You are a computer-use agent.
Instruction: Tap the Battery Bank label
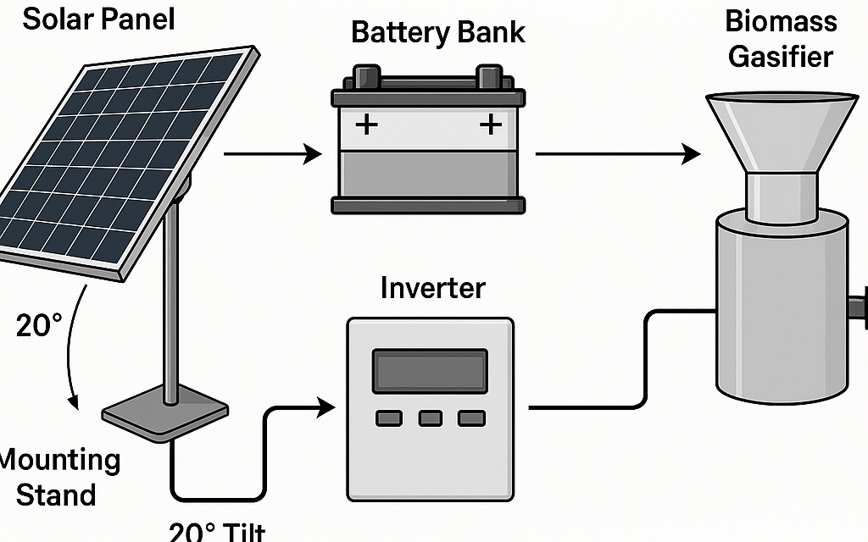point(438,33)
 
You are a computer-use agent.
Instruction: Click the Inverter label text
point(432,288)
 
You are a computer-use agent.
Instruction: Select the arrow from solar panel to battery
point(272,154)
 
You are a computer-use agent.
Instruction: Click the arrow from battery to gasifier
point(618,154)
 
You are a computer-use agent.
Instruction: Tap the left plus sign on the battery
point(366,126)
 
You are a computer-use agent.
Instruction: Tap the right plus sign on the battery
point(491,126)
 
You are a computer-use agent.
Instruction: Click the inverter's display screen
point(430,369)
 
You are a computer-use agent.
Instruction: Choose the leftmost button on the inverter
point(389,418)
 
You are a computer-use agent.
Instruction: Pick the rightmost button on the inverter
point(470,418)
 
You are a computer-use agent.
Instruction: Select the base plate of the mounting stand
point(165,413)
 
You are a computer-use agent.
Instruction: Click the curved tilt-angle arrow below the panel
point(71,347)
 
